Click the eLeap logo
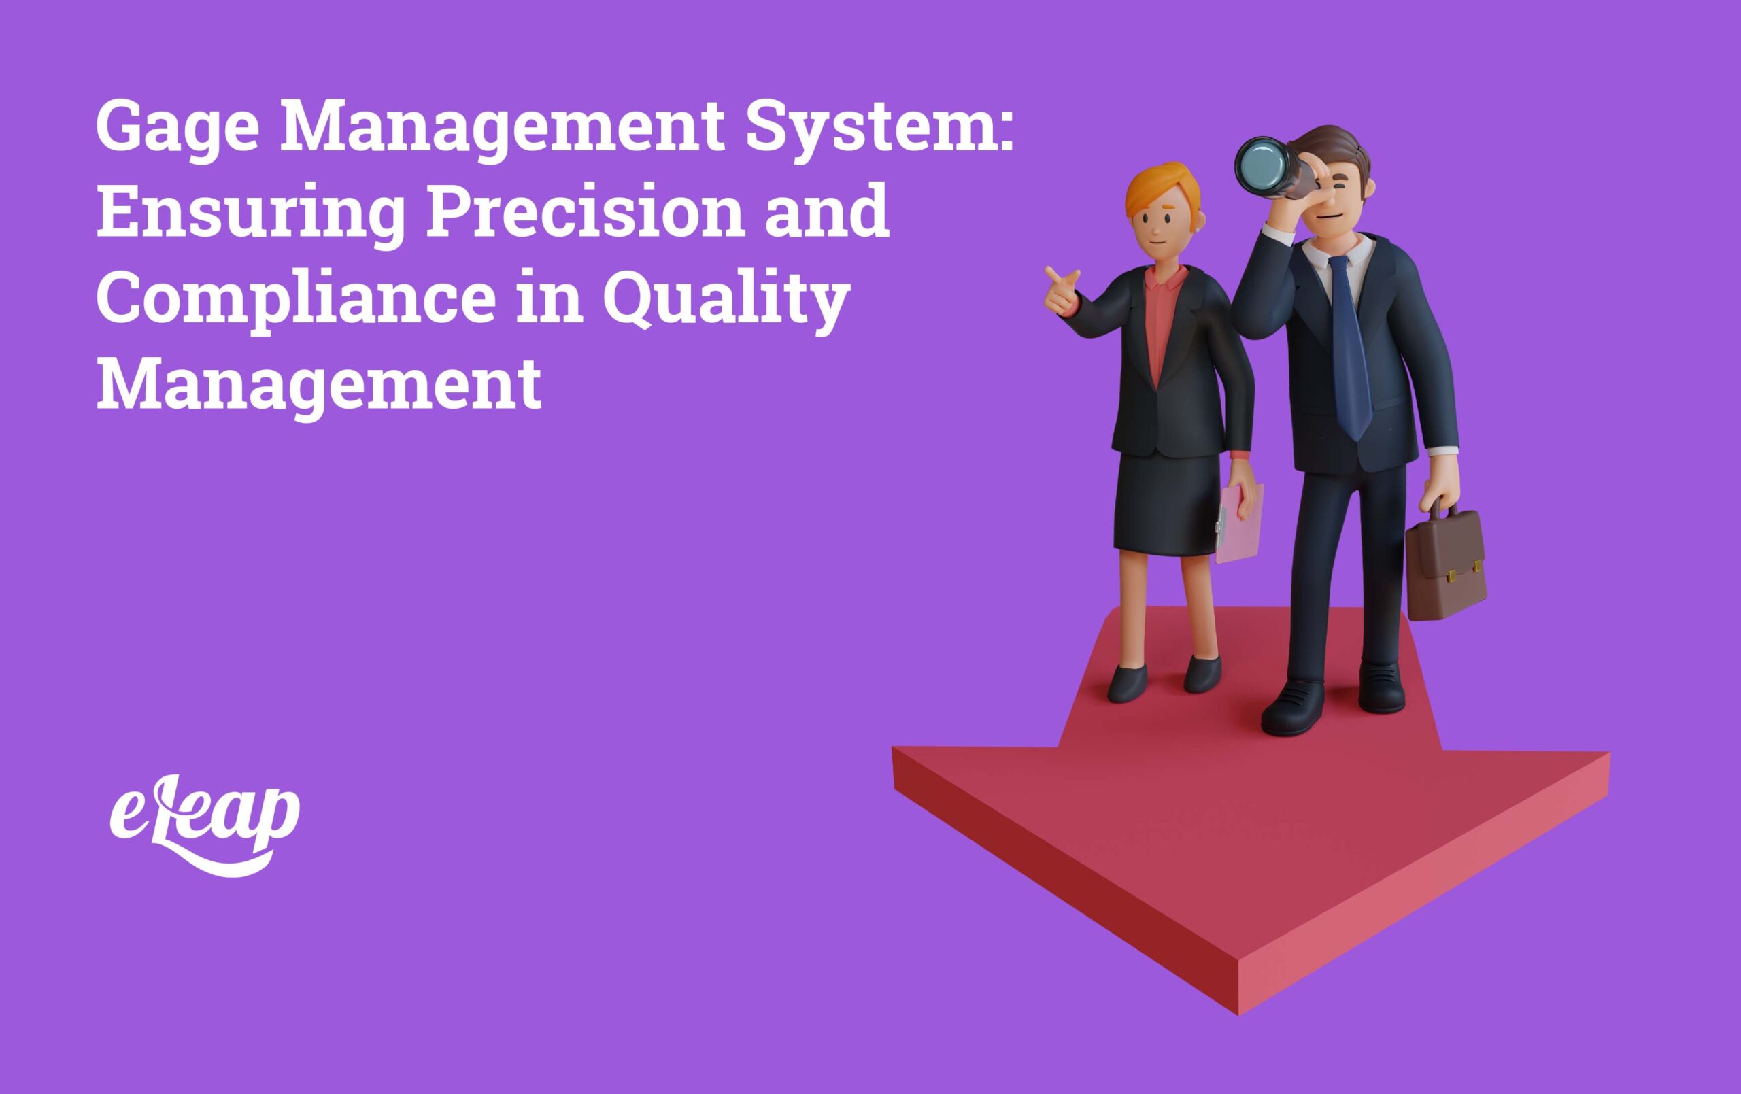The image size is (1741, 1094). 205,824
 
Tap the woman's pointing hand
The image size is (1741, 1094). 1061,289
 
